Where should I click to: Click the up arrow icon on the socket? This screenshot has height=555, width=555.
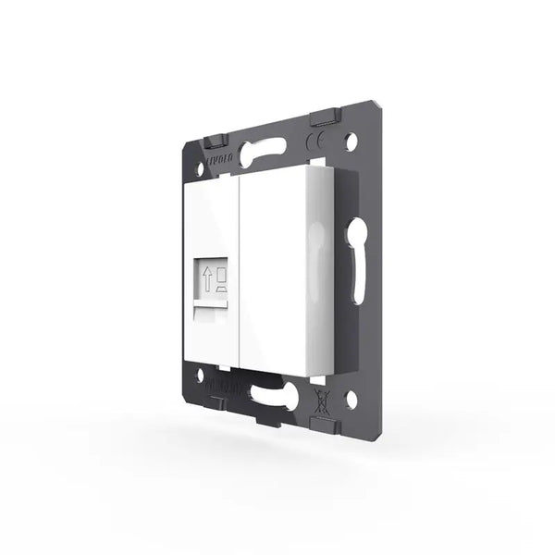coord(207,277)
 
